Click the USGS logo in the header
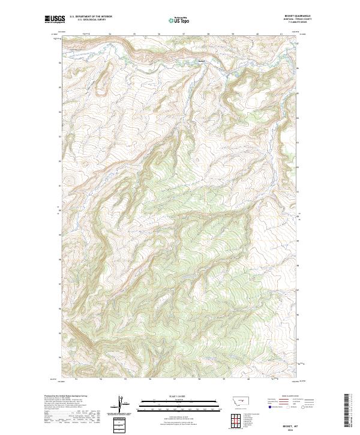[55, 19]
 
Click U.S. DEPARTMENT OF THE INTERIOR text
[91, 17]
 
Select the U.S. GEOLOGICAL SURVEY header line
[91, 20]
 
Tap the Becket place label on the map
[202, 60]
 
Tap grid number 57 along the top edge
[184, 34]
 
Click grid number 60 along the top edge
[257, 34]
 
